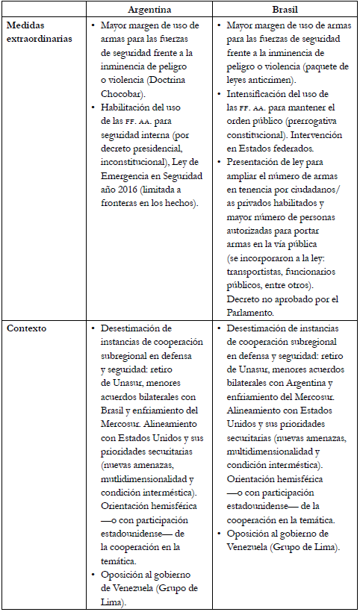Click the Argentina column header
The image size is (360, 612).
[x=149, y=10]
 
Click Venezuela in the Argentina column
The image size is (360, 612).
[x=125, y=588]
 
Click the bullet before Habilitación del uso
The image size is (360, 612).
[x=92, y=107]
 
